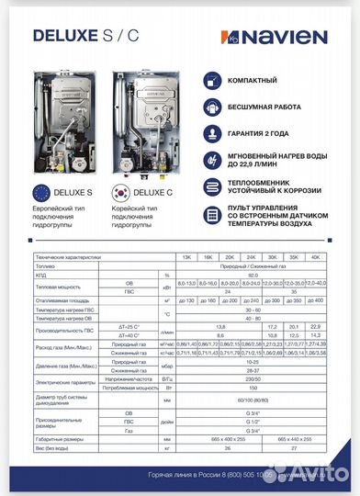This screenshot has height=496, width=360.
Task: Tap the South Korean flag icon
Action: pyautogui.click(x=120, y=192)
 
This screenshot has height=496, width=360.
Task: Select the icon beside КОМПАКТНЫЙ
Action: pyautogui.click(x=213, y=81)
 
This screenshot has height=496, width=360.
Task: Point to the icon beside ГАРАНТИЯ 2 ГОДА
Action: pyautogui.click(x=213, y=132)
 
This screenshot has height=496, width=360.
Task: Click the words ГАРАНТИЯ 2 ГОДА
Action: pyautogui.click(x=265, y=132)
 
